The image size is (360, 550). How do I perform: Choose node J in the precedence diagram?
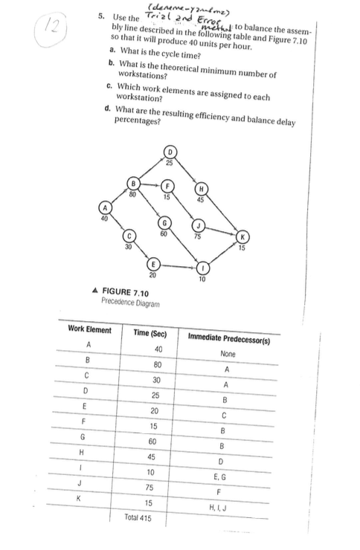(x=198, y=226)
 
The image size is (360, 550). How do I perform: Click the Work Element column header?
(x=89, y=330)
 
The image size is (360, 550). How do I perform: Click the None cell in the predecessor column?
(x=231, y=354)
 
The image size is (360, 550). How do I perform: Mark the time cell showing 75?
(x=155, y=487)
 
